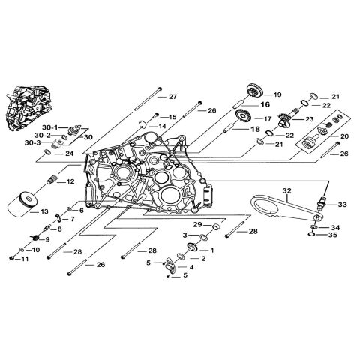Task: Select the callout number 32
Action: click(286, 191)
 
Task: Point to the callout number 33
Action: click(341, 204)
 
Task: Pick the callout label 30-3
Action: click(49, 143)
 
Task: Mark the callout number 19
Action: click(277, 94)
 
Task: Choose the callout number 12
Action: click(69, 181)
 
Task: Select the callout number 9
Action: click(48, 239)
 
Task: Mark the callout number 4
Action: click(191, 267)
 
